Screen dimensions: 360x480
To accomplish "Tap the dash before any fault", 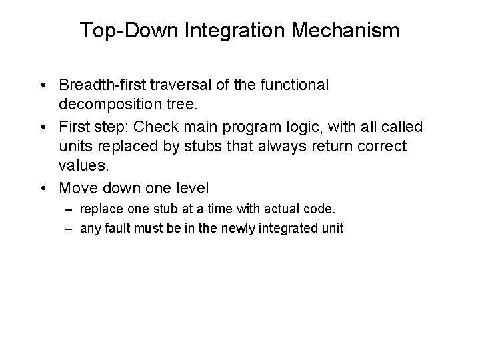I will [x=69, y=228].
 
